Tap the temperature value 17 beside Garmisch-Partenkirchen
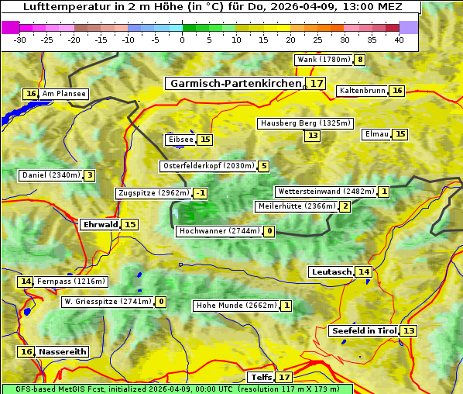315,83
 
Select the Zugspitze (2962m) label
153,193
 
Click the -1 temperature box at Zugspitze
200,193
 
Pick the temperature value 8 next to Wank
359,60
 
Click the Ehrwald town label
100,224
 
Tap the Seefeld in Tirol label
363,330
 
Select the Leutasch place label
331,271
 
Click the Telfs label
261,377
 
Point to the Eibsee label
180,140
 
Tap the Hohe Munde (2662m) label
235,306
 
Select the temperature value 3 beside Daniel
90,175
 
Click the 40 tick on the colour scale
399,40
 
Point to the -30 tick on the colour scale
20,40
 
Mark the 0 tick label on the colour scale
183,40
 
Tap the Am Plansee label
63,94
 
